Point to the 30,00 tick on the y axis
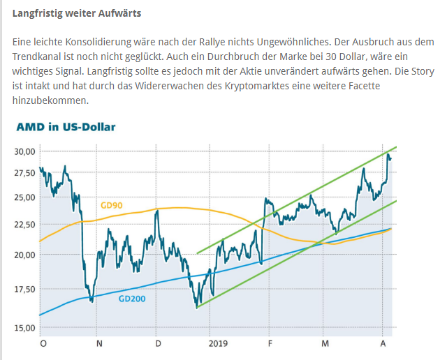pyautogui.click(x=24, y=151)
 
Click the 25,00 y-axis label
pyautogui.click(x=24, y=197)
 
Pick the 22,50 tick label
pyautogui.click(x=24, y=224)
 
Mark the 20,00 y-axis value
pyautogui.click(x=24, y=255)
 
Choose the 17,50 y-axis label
pyautogui.click(x=24, y=289)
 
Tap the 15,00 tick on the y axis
pyautogui.click(x=24, y=327)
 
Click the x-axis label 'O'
pyautogui.click(x=43, y=344)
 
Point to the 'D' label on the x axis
pyautogui.click(x=159, y=344)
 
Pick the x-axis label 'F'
pyautogui.click(x=270, y=344)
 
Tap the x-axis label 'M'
pyautogui.click(x=325, y=344)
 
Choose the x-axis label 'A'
pyautogui.click(x=383, y=344)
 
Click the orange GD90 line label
pyautogui.click(x=112, y=205)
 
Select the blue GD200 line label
pyautogui.click(x=132, y=299)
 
